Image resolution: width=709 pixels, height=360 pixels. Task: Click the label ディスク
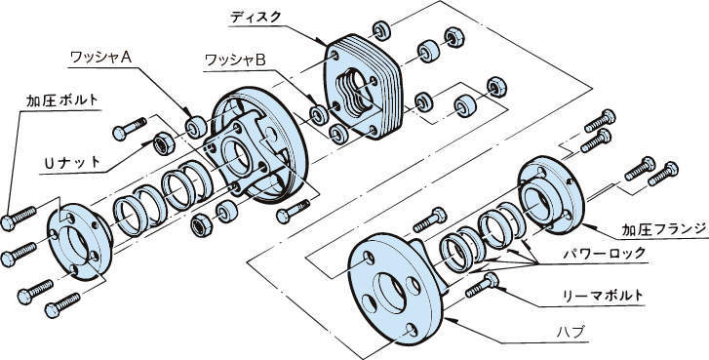tap(256, 18)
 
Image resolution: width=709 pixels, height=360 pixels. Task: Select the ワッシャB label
tap(236, 60)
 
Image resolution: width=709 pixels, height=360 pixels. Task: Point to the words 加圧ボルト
tap(62, 100)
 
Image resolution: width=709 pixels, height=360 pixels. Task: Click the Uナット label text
tap(72, 163)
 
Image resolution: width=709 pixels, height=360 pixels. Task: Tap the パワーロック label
tap(604, 254)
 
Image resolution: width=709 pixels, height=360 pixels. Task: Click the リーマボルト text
tap(603, 296)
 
